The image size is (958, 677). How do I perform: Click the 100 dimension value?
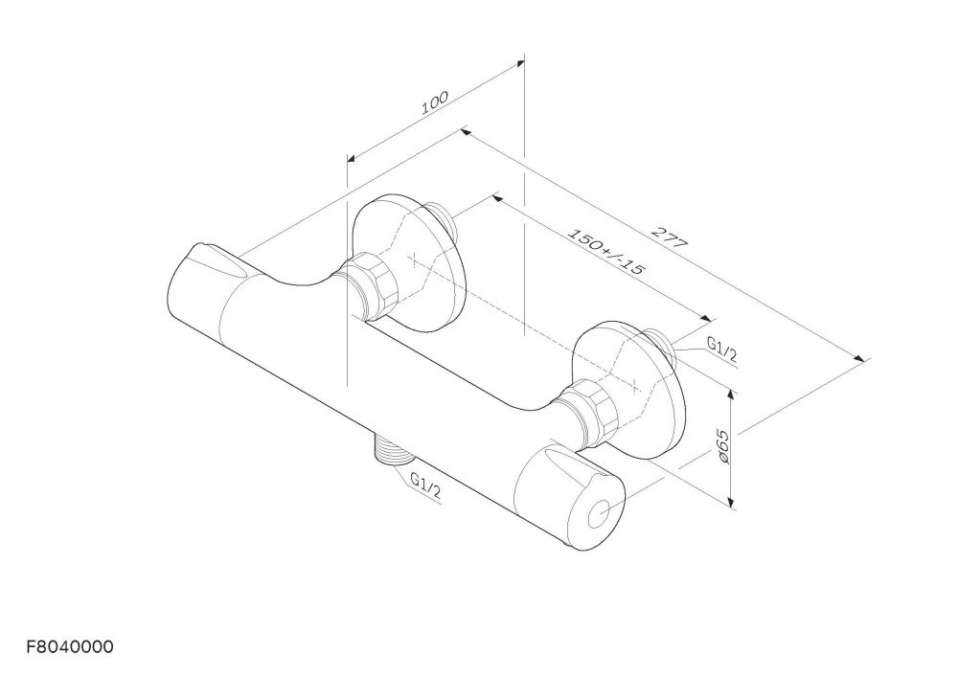(x=434, y=102)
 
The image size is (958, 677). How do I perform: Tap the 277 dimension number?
(x=669, y=237)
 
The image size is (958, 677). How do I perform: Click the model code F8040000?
(x=70, y=647)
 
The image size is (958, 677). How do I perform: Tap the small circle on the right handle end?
(x=600, y=513)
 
